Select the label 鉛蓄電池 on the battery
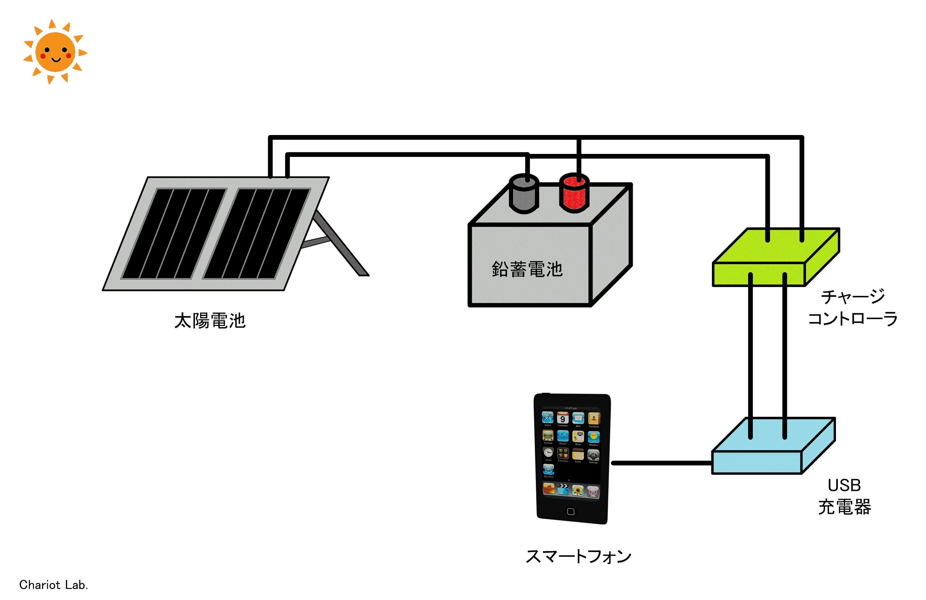click(x=527, y=269)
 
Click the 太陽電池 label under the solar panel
click(x=210, y=321)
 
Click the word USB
click(x=844, y=485)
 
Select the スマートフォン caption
click(x=578, y=556)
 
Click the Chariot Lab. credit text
click(x=54, y=585)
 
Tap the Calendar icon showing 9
click(x=562, y=419)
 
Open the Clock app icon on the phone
click(x=548, y=453)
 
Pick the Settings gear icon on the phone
click(x=593, y=454)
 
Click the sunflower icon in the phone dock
click(x=578, y=490)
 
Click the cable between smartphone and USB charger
click(x=661, y=463)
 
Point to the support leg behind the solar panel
click(x=342, y=245)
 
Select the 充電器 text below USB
click(x=844, y=507)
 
